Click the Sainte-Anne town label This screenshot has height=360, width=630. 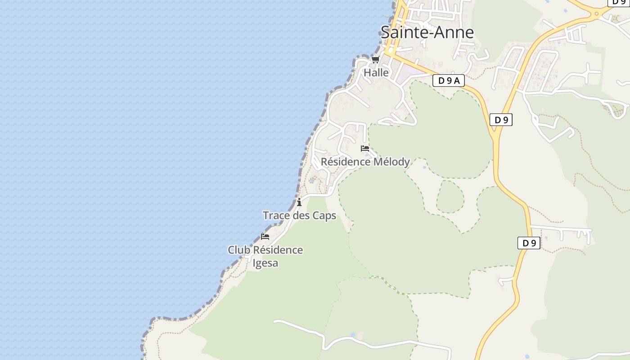(x=427, y=32)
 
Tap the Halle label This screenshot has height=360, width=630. (x=376, y=72)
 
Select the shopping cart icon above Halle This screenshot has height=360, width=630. (x=375, y=59)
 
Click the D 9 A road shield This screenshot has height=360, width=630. (x=448, y=81)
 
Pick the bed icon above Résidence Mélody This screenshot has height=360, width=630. (x=365, y=148)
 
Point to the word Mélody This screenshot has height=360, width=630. (x=391, y=162)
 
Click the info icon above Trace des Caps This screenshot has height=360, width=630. (x=299, y=202)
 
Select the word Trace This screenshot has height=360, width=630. (x=276, y=216)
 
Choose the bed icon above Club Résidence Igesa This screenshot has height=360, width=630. (x=265, y=236)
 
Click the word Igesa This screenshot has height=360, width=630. (x=265, y=263)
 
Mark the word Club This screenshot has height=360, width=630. (x=238, y=250)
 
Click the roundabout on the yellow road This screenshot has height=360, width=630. (x=597, y=13)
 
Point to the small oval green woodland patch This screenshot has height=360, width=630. (x=450, y=197)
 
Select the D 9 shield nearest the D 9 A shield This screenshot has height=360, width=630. (x=501, y=120)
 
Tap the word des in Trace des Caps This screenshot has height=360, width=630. (x=301, y=216)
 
